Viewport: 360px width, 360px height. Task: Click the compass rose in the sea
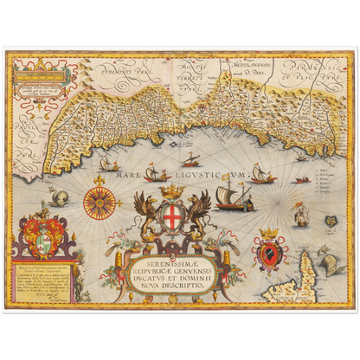[x=99, y=201]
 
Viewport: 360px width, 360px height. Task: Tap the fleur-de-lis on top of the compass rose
[x=99, y=179]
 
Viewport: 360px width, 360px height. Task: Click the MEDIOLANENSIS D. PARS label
[x=244, y=61]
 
